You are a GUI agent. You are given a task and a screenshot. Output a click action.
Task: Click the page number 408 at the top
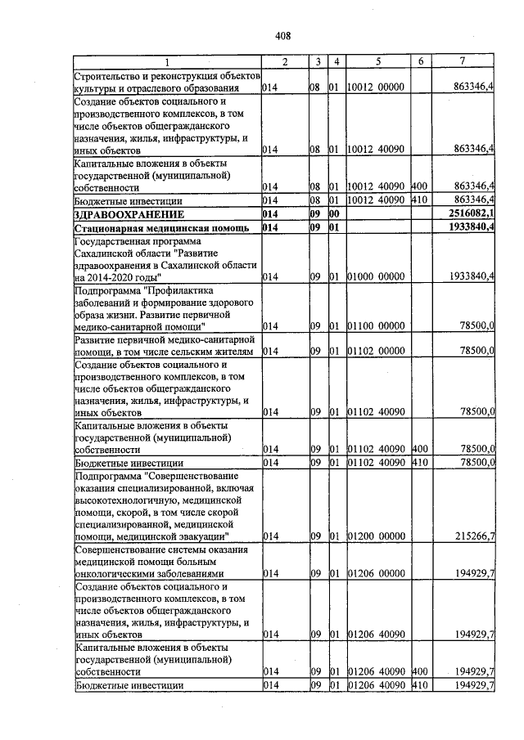pyautogui.click(x=283, y=35)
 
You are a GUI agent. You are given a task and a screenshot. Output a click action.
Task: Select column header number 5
pyautogui.click(x=379, y=62)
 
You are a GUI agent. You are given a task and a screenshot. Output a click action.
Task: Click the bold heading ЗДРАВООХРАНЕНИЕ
pyautogui.click(x=124, y=214)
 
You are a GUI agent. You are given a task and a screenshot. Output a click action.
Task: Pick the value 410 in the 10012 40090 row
pyautogui.click(x=420, y=200)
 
